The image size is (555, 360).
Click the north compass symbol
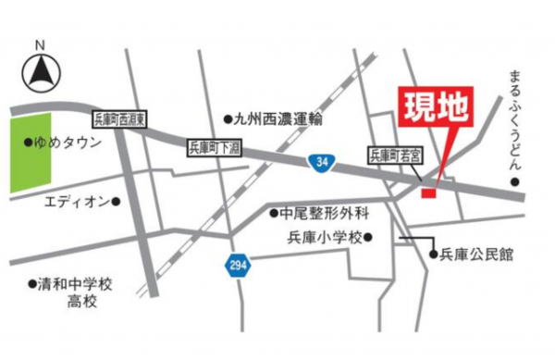tap(42, 69)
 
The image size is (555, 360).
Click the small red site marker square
tap(427, 192)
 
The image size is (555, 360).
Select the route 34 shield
tap(320, 163)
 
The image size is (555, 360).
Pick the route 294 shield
tap(237, 266)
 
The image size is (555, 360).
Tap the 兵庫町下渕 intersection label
tap(214, 147)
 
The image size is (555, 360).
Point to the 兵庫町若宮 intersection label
tap(395, 155)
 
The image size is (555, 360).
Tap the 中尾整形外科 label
tap(324, 214)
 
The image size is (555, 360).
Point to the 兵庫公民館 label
tap(475, 254)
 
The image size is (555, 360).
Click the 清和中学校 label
tap(74, 283)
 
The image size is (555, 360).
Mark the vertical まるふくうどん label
tap(515, 120)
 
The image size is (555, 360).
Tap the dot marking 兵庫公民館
tap(432, 254)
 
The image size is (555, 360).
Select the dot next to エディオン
tap(117, 200)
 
